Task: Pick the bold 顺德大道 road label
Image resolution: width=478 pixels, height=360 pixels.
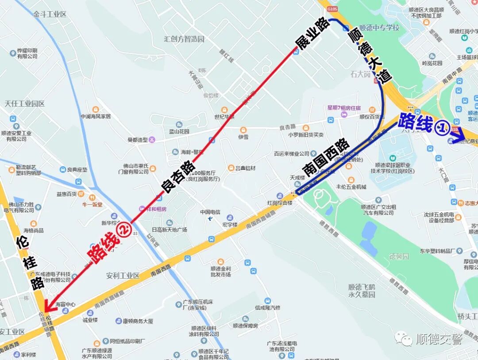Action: [x=370, y=55]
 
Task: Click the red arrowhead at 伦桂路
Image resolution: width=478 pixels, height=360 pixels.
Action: [x=48, y=306]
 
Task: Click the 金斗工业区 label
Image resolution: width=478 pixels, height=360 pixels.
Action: [x=50, y=14]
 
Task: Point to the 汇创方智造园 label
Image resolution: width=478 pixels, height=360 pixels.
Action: [x=184, y=39]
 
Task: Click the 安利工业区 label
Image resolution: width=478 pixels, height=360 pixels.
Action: [x=123, y=276]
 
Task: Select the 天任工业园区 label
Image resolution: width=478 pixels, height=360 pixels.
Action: [x=25, y=104]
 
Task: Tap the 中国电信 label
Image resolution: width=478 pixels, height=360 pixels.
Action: [x=210, y=211]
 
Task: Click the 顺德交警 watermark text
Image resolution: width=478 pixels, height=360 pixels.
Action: [x=439, y=339]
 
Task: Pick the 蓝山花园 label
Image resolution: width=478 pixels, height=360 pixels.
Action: [x=179, y=131]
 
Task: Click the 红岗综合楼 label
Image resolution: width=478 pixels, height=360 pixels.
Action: [x=280, y=203]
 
